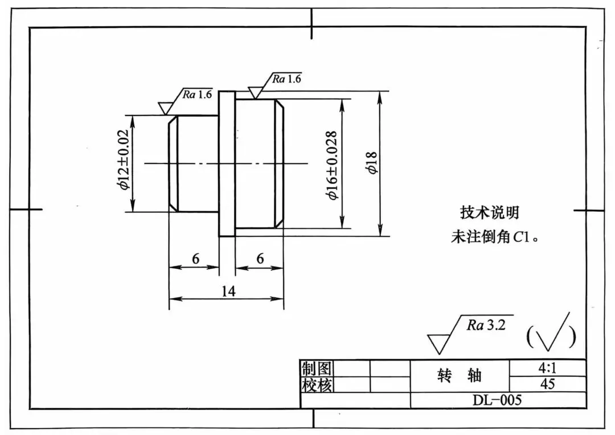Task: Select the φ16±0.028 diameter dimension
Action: pos(332,165)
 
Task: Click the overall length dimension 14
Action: pos(228,292)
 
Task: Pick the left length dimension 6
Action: pos(195,259)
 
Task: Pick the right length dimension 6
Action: pos(260,259)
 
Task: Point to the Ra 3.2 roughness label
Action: pos(486,325)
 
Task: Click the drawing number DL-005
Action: pos(497,400)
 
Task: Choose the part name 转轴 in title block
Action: pos(460,376)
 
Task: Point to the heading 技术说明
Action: pos(489,213)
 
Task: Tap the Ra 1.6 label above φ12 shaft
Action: pos(197,95)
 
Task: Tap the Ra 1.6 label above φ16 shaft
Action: pos(286,79)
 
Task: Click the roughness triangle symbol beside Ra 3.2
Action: pos(438,343)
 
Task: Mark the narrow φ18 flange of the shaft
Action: pos(227,164)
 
